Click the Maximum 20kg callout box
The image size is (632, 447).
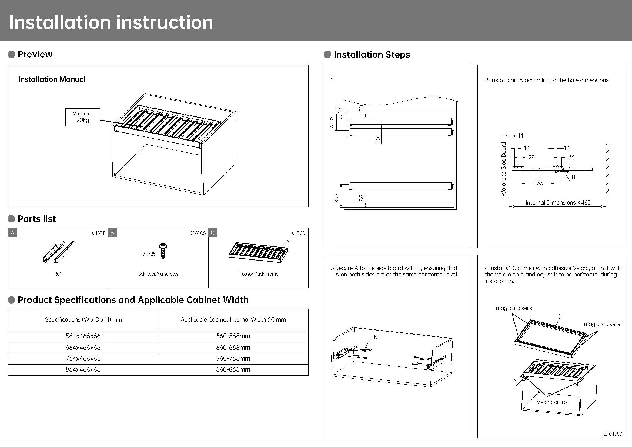coord(83,117)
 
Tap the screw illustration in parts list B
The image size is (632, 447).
coord(163,251)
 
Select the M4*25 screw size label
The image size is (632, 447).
coord(148,254)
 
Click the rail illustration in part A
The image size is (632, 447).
coord(58,252)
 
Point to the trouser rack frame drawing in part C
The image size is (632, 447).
coord(258,252)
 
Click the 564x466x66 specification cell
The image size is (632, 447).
coord(83,336)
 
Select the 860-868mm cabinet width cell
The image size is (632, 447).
coord(233,369)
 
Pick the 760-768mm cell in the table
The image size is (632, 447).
coord(233,358)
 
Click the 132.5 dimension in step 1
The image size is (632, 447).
coord(331,123)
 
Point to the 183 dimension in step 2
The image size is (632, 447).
coord(539,183)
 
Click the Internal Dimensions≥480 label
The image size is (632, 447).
coord(558,203)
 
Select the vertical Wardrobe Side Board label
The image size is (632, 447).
coord(503,169)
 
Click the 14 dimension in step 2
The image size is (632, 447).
coord(520,135)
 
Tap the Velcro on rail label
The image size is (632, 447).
coord(553,402)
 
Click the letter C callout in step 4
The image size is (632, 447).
coord(559,316)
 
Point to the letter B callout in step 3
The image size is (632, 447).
coord(376,337)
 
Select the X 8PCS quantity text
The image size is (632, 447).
coord(198,233)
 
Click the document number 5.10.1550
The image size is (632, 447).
coord(613,434)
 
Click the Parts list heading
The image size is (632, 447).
coord(36,219)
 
